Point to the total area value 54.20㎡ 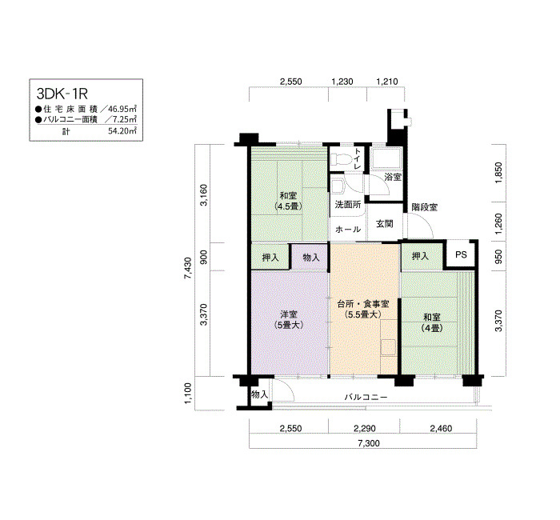coord(122,130)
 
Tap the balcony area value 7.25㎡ coord(123,119)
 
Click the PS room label coord(460,255)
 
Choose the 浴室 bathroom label coord(392,176)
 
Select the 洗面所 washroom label coord(347,205)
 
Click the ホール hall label coord(347,230)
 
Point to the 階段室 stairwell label coord(424,207)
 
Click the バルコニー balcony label coord(366,397)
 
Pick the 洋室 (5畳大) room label coord(289,319)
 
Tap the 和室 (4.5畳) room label coord(288,201)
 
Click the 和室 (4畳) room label coord(432,322)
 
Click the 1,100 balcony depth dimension coord(187,392)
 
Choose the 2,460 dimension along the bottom coord(439,429)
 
